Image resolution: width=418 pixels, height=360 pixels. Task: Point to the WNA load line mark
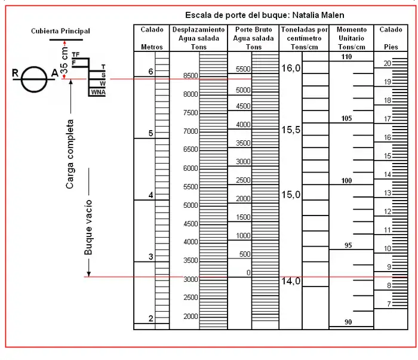(x=98, y=92)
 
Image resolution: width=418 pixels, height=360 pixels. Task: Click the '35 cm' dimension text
(x=64, y=59)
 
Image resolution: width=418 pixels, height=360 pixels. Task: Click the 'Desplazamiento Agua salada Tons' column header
(x=198, y=38)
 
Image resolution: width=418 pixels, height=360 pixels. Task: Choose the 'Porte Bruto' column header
(x=253, y=38)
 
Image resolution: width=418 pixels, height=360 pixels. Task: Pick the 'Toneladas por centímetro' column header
(x=304, y=38)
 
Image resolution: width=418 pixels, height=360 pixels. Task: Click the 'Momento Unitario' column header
(x=351, y=38)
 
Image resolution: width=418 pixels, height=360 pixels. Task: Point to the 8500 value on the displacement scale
(x=191, y=76)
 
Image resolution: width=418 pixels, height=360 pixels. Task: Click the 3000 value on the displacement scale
(x=191, y=279)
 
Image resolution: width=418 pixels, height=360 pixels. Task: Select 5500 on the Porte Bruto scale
(x=243, y=69)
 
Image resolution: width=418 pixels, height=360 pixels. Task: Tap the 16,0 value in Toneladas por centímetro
(x=291, y=69)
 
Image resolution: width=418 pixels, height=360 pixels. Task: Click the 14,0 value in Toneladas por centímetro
(x=291, y=281)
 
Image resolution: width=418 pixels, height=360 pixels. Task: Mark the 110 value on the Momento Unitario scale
(x=347, y=57)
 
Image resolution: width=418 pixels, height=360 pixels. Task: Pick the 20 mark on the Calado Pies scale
(x=387, y=63)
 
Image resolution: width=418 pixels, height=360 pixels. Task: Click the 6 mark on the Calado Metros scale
(x=150, y=72)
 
